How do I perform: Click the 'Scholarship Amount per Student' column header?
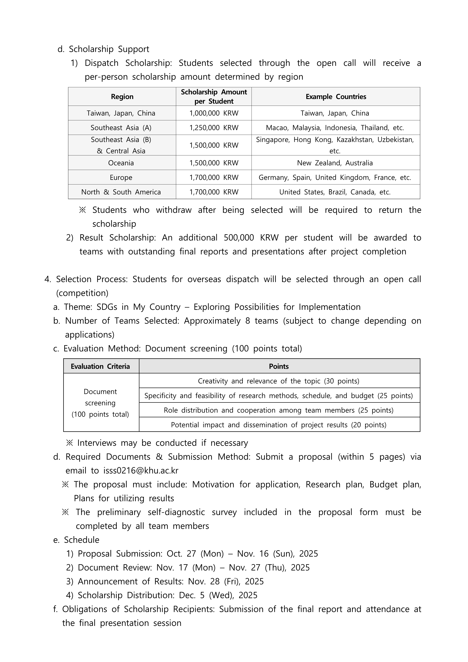click(x=214, y=97)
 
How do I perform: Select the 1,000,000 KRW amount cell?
click(x=214, y=113)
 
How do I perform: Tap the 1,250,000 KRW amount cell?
click(x=214, y=128)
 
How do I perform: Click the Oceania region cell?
click(x=121, y=163)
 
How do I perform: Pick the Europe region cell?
click(x=121, y=177)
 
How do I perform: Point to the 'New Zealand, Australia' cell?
click(x=335, y=163)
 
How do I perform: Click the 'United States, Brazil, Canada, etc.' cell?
click(x=335, y=192)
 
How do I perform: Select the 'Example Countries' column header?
click(x=336, y=97)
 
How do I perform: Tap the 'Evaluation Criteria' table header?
click(x=100, y=366)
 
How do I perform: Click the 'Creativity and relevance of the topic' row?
click(x=279, y=381)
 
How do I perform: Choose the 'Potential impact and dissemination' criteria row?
click(x=279, y=425)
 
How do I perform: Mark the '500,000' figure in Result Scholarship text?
click(x=239, y=238)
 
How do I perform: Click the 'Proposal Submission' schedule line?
click(x=192, y=554)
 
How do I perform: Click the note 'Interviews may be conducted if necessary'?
click(x=157, y=443)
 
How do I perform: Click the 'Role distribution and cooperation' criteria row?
click(x=279, y=410)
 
